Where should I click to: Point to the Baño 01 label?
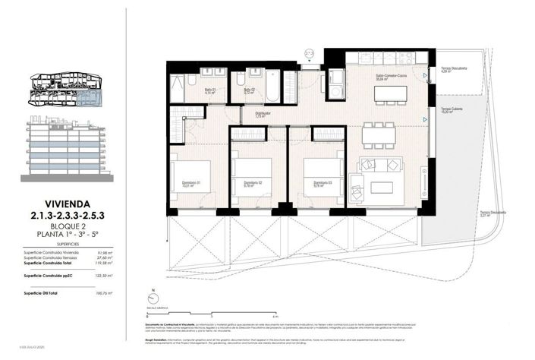pos(209,90)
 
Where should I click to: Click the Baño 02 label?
pos(248,90)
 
